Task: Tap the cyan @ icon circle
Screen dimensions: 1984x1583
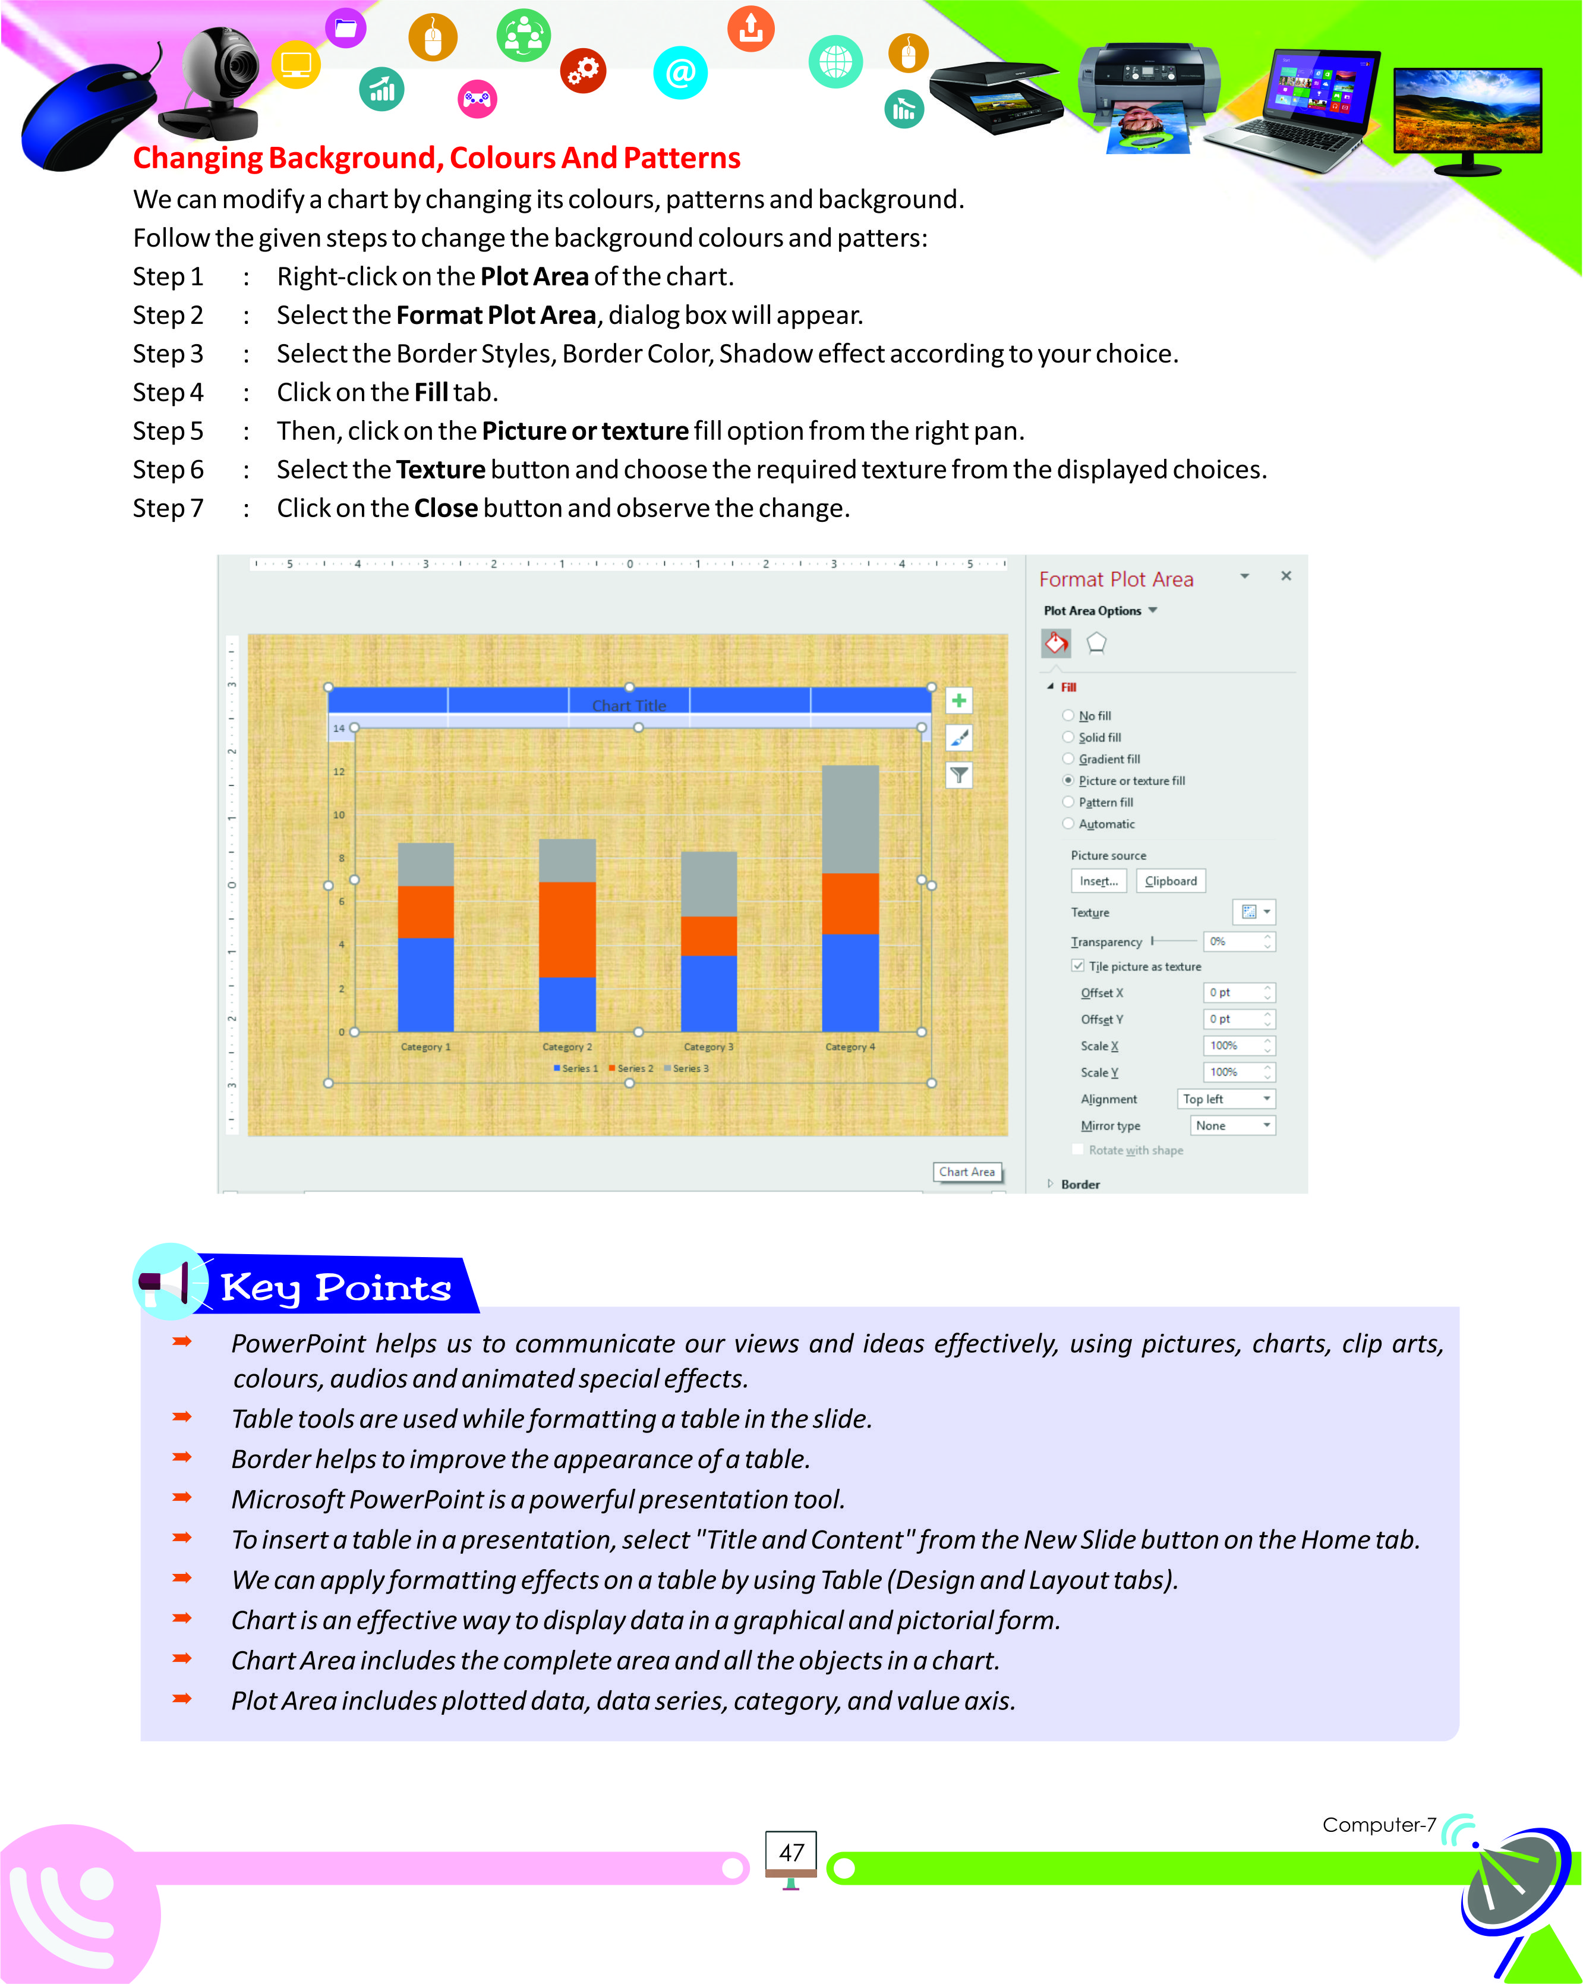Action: click(680, 73)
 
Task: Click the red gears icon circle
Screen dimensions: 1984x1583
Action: click(583, 70)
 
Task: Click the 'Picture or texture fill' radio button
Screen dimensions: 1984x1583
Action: click(1068, 780)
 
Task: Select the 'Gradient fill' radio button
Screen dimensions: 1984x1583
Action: click(1068, 759)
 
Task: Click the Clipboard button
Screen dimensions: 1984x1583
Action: click(1170, 881)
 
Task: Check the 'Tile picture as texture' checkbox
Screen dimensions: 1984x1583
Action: click(1077, 966)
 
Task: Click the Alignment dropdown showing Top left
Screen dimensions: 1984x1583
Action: click(1226, 1099)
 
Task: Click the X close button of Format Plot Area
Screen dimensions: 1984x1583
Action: click(1286, 576)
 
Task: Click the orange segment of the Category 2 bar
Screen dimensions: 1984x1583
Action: click(567, 930)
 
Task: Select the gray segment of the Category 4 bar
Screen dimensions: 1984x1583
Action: click(850, 819)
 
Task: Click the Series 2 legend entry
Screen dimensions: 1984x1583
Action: click(631, 1069)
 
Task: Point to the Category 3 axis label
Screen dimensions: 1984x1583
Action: click(708, 1047)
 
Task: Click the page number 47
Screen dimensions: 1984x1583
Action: click(791, 1853)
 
